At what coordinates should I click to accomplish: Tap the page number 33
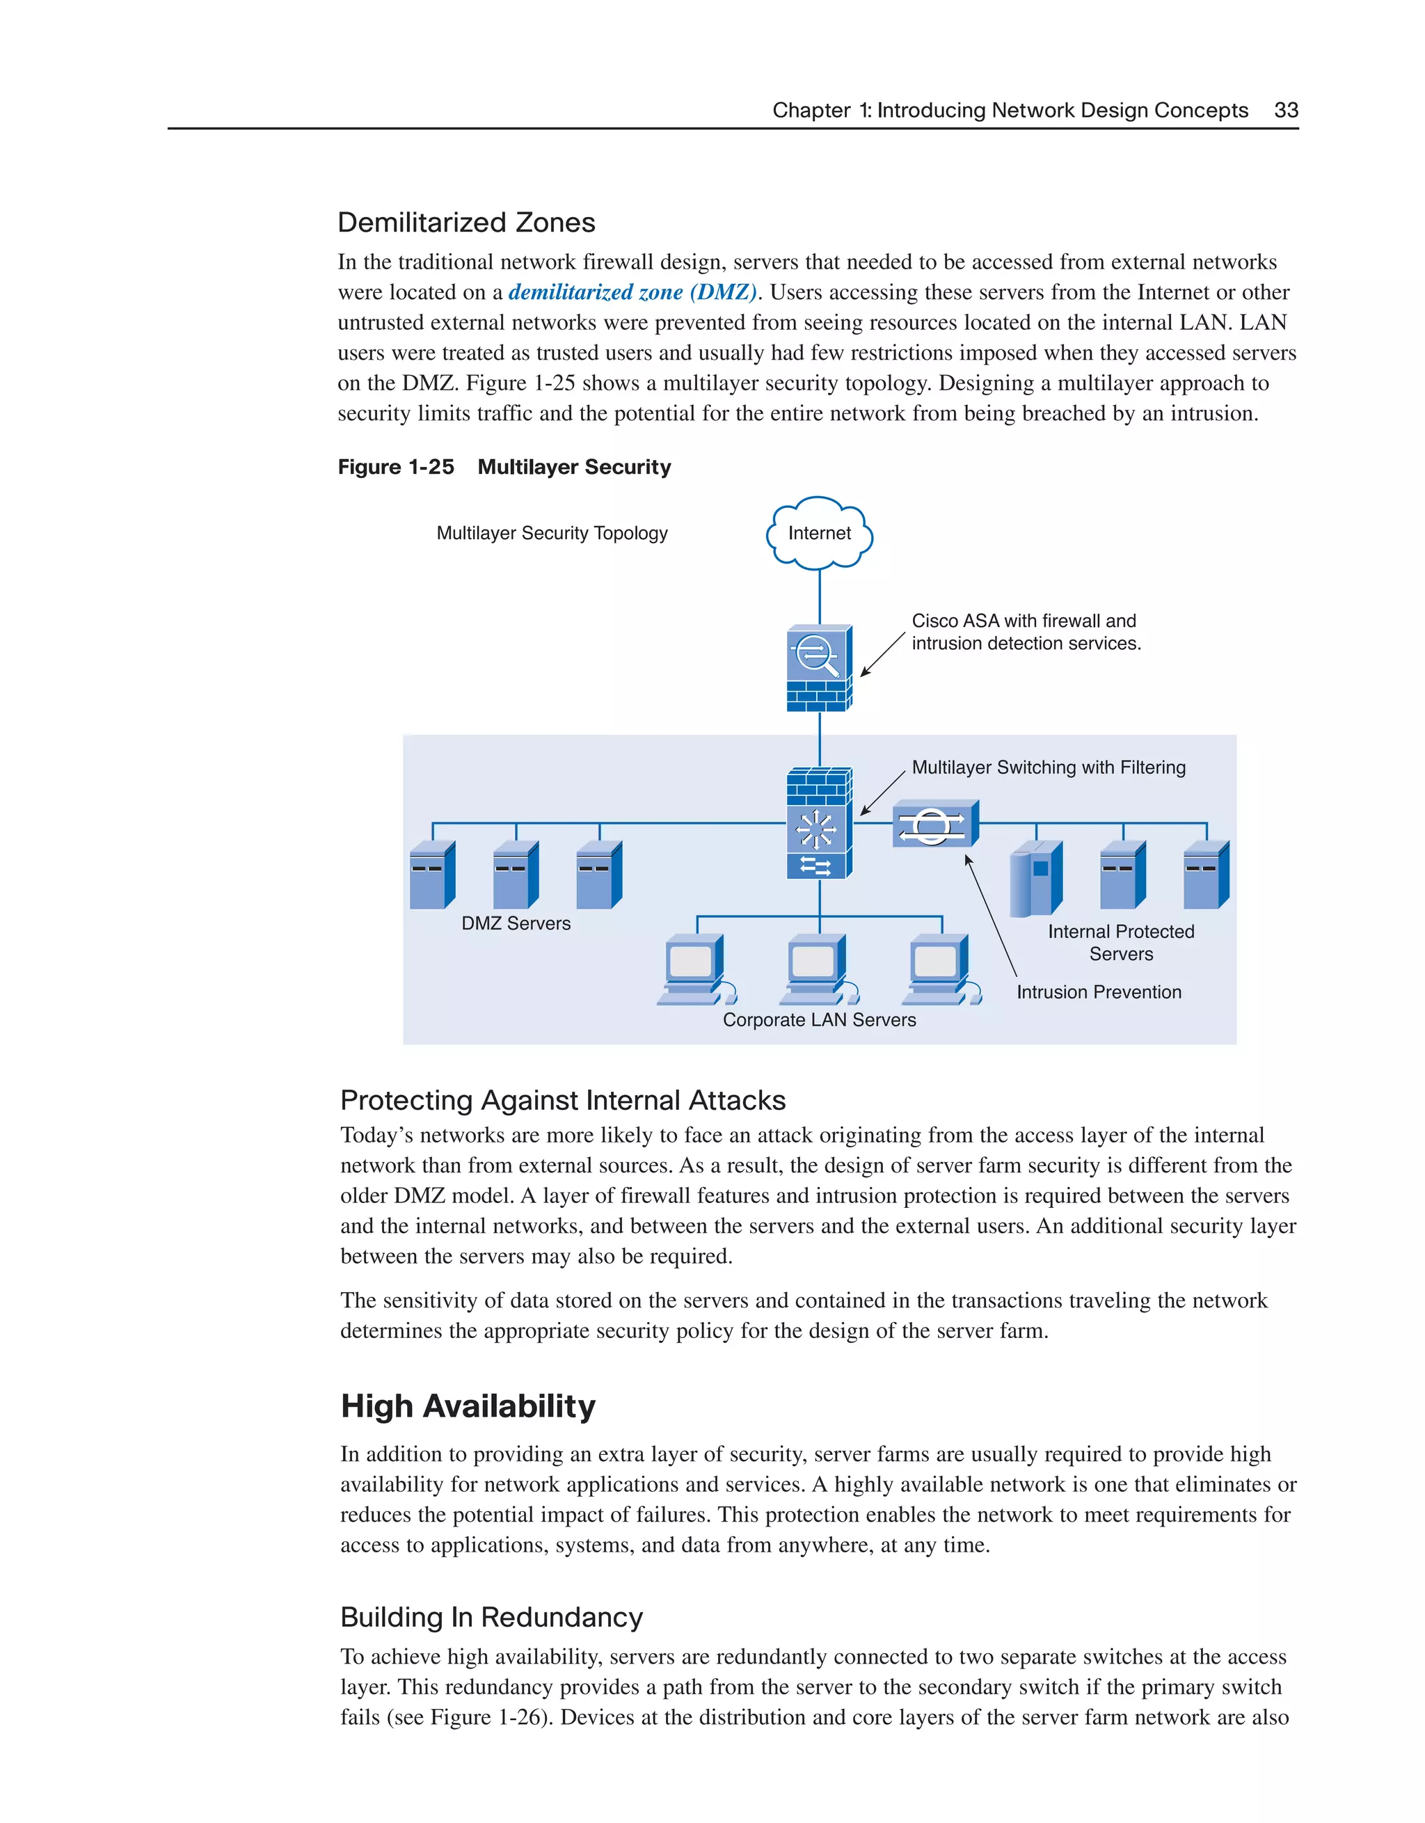pos(1286,110)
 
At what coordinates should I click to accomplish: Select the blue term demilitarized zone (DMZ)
pos(632,292)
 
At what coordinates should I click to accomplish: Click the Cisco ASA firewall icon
pos(819,668)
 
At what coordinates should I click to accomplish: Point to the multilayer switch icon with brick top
pos(819,823)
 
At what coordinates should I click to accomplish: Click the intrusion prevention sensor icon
pos(934,825)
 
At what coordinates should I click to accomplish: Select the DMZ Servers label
pos(516,923)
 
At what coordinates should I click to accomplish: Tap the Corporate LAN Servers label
pos(819,1020)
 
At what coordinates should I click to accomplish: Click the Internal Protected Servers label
pos(1120,942)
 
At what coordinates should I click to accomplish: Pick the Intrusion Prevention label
pos(1099,992)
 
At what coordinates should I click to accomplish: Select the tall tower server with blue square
pos(1035,878)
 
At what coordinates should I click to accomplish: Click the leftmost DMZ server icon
pos(431,875)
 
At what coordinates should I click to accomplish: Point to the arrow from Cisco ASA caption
pos(882,655)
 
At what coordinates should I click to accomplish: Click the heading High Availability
pos(468,1406)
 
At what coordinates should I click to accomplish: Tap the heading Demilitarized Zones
pos(465,223)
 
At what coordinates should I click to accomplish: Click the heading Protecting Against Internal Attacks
pos(563,1100)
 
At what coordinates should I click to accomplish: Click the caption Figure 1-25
pos(396,468)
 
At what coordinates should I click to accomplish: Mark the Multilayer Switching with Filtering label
pos(1048,767)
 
